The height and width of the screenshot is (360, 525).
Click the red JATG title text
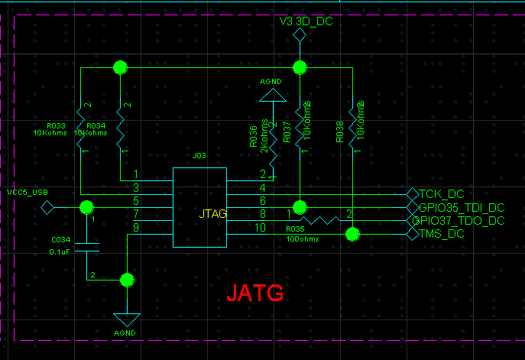tap(255, 291)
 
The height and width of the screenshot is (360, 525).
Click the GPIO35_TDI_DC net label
tap(462, 207)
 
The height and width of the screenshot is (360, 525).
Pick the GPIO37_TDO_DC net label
tap(459, 221)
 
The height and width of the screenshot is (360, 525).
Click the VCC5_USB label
tap(27, 192)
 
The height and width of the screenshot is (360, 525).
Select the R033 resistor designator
tap(55, 125)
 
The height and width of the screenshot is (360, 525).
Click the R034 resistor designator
tap(96, 125)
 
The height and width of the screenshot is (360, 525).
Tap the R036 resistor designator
tap(254, 135)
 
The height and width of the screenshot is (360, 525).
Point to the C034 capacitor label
tap(60, 239)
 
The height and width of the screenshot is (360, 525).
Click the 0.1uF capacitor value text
tap(60, 251)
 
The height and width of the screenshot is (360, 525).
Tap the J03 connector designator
tap(199, 155)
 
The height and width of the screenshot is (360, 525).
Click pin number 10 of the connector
tap(260, 227)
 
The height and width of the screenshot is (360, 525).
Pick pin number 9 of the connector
tap(136, 227)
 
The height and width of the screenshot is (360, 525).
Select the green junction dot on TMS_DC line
tap(352, 234)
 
